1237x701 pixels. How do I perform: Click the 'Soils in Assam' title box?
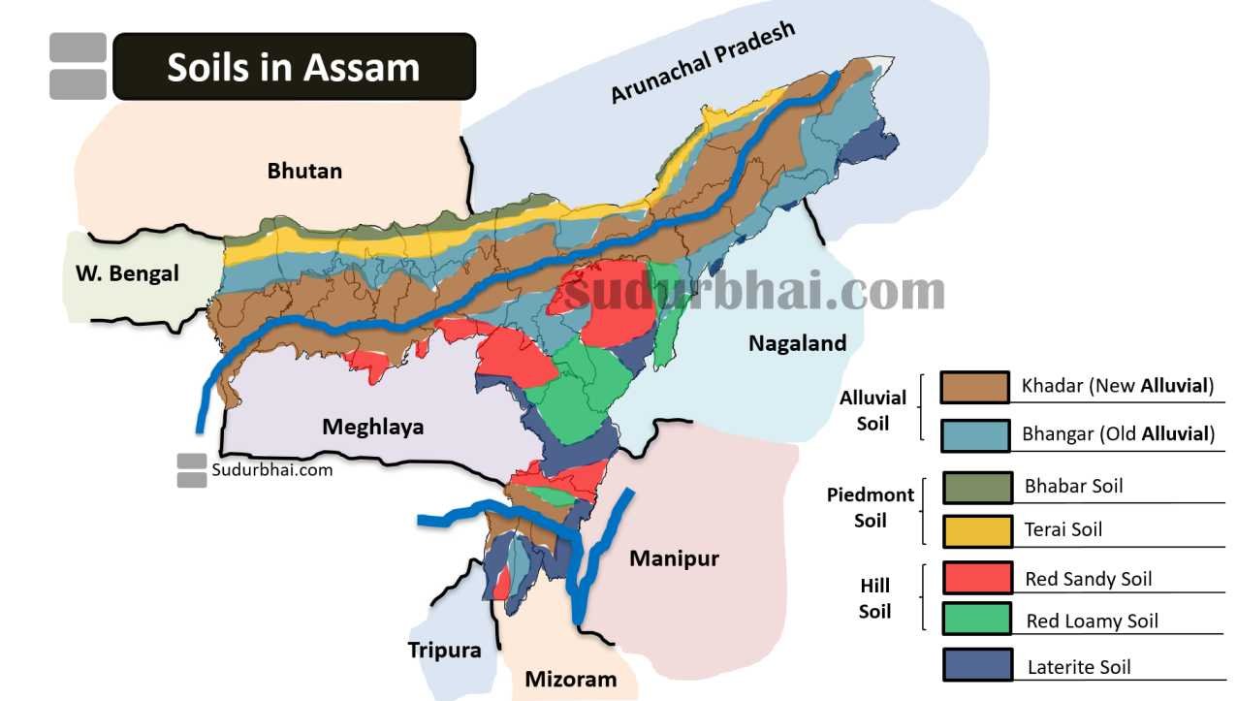(294, 67)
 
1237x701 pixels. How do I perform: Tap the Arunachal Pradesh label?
(702, 61)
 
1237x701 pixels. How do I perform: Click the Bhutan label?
(304, 171)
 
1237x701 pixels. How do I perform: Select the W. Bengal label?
(127, 273)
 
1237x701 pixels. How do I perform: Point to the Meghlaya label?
(372, 427)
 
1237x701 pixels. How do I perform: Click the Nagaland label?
(797, 342)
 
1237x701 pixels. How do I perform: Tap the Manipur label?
(674, 558)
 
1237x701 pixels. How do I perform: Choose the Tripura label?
(444, 650)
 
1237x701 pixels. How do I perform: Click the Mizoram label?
(570, 679)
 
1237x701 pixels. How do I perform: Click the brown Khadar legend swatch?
(975, 386)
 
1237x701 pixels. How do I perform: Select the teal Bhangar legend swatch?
(975, 433)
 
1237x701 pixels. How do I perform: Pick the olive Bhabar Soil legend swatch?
(977, 487)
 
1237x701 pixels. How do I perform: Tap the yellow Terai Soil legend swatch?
(977, 529)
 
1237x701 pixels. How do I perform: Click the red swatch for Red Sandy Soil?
(977, 579)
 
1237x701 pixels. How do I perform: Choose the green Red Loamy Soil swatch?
(977, 620)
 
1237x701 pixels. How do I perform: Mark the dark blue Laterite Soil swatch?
(977, 665)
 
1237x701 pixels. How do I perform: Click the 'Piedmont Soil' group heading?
(870, 507)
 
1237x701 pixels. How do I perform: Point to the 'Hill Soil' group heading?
(873, 598)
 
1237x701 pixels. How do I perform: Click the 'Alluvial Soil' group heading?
(872, 410)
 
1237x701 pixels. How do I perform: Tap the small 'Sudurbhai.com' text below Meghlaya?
(271, 470)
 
